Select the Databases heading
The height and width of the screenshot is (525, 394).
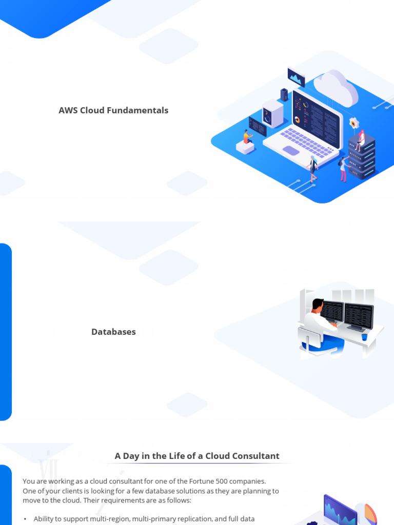113,332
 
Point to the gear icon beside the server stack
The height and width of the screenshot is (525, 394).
353,123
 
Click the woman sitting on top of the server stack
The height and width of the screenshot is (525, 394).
361,139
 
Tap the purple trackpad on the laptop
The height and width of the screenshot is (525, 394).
290,151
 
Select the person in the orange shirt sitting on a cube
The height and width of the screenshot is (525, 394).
247,137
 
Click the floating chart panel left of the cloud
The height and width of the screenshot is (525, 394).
297,77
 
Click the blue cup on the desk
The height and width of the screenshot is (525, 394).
364,337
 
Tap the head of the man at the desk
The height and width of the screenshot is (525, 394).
318,305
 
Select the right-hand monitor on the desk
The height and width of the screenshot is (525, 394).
358,316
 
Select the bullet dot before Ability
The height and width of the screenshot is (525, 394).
25,519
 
